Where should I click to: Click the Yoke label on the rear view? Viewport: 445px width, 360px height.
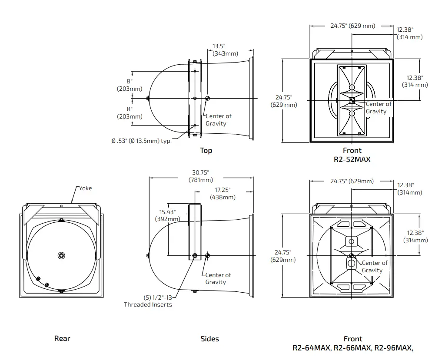tap(85, 188)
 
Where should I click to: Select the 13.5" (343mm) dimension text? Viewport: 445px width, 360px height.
tap(225, 50)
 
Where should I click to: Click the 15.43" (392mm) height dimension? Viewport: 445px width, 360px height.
tap(167, 215)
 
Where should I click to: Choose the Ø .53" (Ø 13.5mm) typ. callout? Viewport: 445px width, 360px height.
tap(141, 141)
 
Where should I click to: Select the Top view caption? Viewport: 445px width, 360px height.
tap(206, 151)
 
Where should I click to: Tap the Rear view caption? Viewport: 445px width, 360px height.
tap(62, 338)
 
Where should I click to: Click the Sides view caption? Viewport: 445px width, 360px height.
tap(210, 339)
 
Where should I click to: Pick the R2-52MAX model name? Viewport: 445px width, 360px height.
tap(352, 159)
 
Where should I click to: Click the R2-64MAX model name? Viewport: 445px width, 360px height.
tap(312, 348)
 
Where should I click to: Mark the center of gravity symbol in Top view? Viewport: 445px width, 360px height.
tap(208, 99)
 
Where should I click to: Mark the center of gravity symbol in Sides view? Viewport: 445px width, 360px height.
tap(208, 255)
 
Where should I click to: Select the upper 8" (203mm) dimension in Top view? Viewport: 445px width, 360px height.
tap(130, 85)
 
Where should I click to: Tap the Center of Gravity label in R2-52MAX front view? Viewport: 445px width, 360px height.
tap(378, 108)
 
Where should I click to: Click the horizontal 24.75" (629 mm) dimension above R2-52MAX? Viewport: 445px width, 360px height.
tap(352, 26)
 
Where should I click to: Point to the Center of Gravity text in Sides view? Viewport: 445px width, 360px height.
tap(218, 278)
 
